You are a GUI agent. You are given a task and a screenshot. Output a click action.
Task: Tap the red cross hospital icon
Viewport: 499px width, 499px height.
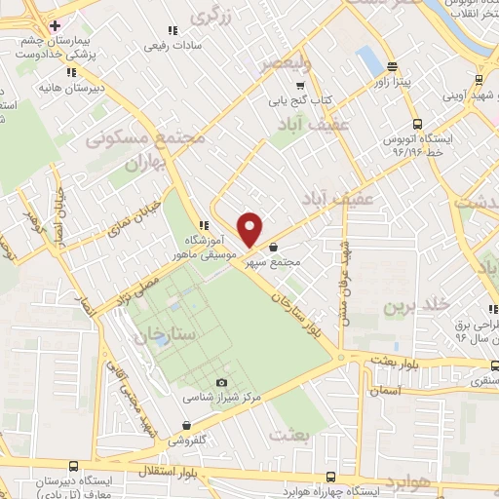[x=56, y=25]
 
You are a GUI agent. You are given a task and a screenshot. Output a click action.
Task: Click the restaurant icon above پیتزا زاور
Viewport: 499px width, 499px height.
[x=392, y=67]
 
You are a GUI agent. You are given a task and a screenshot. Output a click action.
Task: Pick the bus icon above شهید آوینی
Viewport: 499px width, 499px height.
[x=478, y=79]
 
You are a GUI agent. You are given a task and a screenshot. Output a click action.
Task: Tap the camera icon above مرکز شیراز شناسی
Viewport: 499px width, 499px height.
[x=221, y=382]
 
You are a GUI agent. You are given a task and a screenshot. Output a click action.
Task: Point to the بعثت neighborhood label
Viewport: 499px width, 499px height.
[x=292, y=434]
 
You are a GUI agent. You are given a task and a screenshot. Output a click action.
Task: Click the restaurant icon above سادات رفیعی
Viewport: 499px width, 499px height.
[x=173, y=29]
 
